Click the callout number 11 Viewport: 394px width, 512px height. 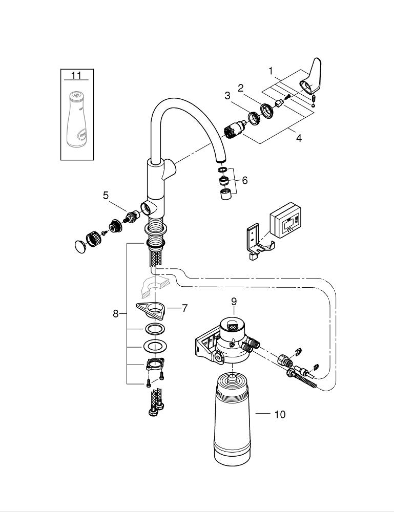(x=76, y=76)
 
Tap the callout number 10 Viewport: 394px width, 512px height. (x=280, y=414)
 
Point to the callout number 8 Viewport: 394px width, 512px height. (x=116, y=314)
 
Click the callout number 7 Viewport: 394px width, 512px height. (x=184, y=308)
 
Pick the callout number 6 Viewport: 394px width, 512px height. (x=245, y=180)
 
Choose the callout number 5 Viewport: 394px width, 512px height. (x=106, y=195)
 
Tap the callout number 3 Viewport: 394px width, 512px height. (x=227, y=96)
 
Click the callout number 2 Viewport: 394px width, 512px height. (x=240, y=88)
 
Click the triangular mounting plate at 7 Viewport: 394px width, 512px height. (x=151, y=309)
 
